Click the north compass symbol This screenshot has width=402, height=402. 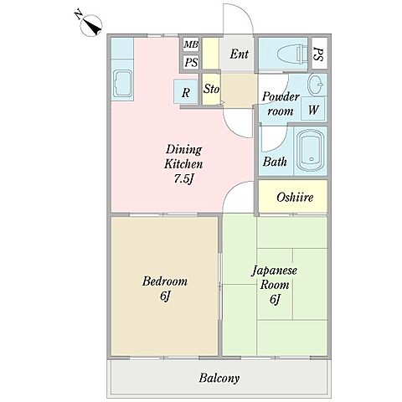tap(90, 25)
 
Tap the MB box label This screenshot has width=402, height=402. tap(191, 44)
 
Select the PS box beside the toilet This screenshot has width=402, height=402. tap(319, 54)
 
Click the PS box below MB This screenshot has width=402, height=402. tap(191, 62)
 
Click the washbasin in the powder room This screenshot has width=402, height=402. tap(316, 85)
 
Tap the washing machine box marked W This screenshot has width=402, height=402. tap(313, 109)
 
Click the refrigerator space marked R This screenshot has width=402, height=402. tap(186, 91)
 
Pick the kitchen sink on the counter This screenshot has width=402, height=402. tap(122, 84)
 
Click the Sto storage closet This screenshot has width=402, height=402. tap(211, 90)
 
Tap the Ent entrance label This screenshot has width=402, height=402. tap(240, 54)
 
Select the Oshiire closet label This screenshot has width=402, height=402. tap(295, 198)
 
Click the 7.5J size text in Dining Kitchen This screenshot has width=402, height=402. tap(183, 179)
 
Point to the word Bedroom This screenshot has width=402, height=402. tap(165, 281)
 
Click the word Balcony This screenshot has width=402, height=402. tap(219, 379)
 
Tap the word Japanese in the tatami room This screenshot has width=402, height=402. tap(275, 271)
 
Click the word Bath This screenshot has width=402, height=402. tap(275, 162)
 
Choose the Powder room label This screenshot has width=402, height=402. tap(280, 104)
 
